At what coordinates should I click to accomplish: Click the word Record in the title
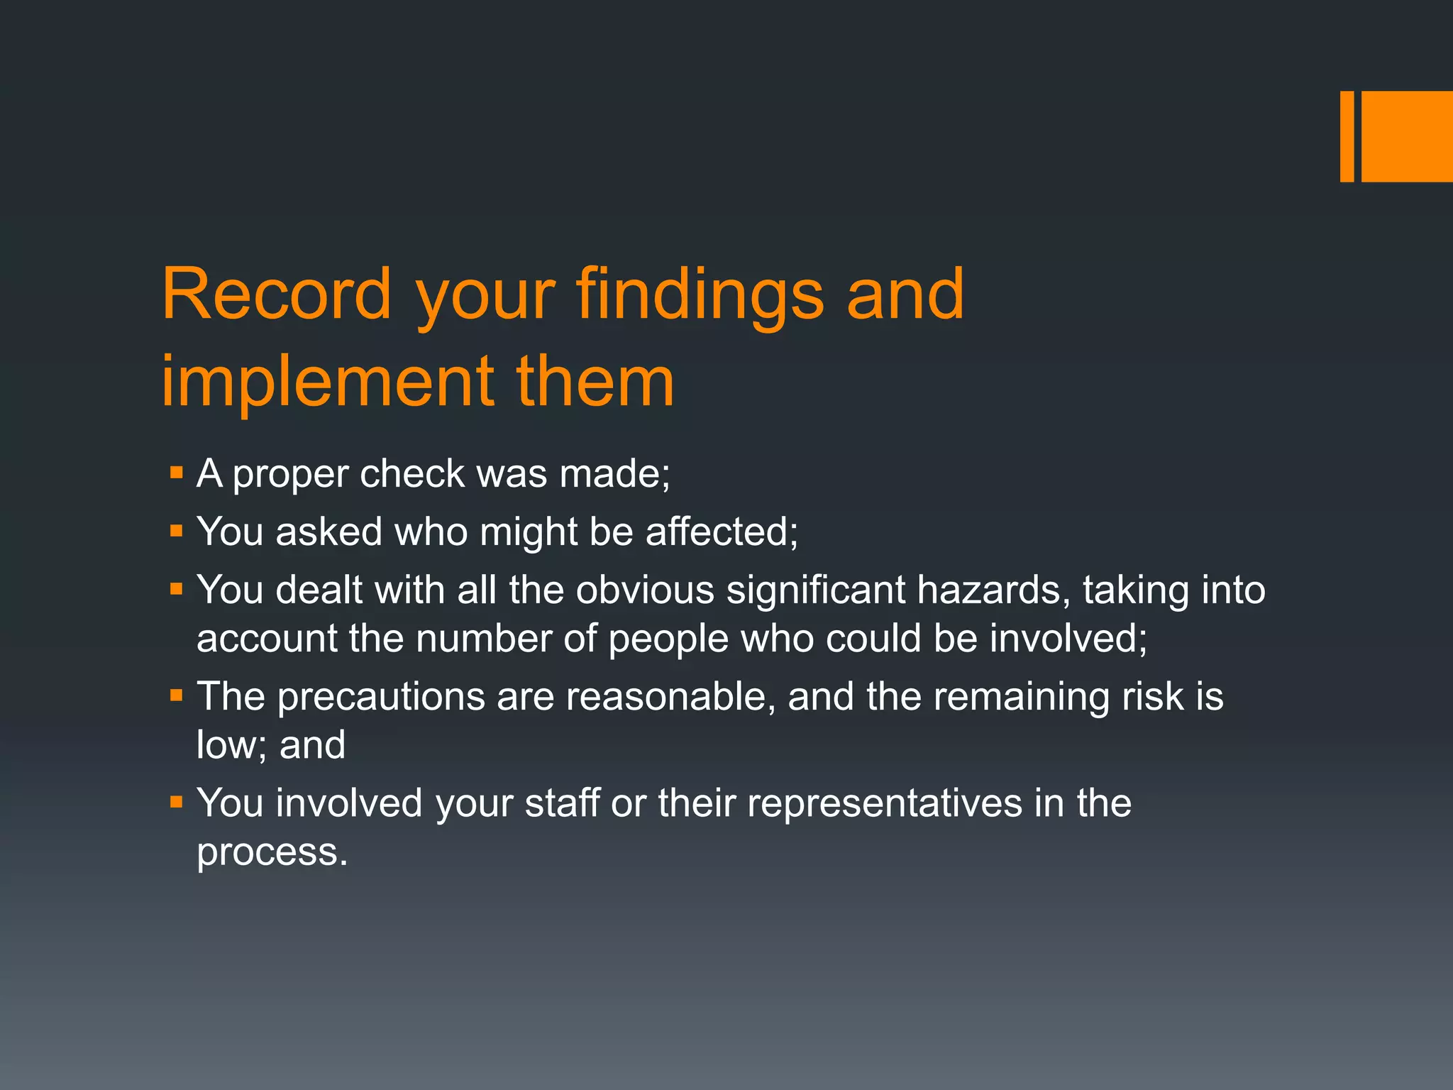[x=277, y=294]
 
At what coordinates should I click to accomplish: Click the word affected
[x=722, y=532]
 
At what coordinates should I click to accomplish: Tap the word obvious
[x=645, y=590]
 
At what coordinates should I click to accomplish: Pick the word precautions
[x=380, y=697]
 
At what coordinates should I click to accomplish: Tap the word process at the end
[x=272, y=852]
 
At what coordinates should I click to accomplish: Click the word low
[x=230, y=745]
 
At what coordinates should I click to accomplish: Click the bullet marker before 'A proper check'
[x=177, y=473]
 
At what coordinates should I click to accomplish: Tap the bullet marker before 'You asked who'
[x=177, y=531]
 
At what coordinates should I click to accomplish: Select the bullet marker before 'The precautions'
[x=177, y=695]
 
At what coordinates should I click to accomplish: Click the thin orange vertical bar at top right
[x=1347, y=136]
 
